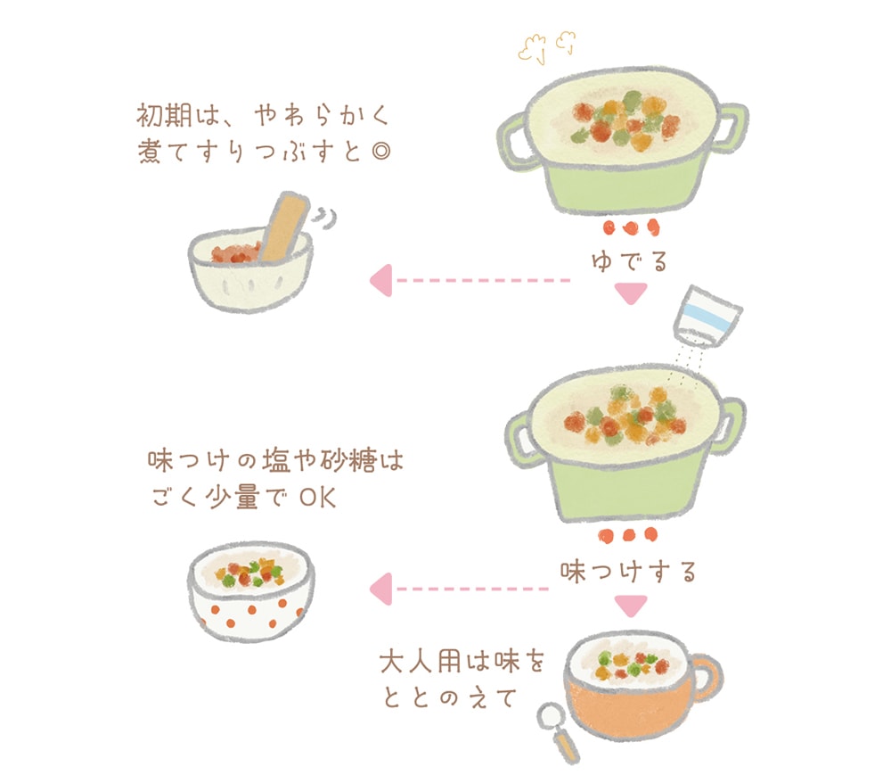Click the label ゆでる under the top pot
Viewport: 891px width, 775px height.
click(629, 261)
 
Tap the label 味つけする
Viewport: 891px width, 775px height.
click(628, 572)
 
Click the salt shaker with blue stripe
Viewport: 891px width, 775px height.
click(707, 317)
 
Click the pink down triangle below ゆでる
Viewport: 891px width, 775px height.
click(631, 293)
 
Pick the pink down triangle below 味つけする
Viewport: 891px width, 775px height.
click(631, 606)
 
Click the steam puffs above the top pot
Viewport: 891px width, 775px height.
click(547, 46)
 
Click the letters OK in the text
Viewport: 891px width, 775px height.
click(318, 499)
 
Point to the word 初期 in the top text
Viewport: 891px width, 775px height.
click(164, 115)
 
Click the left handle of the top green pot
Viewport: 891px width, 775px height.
click(513, 142)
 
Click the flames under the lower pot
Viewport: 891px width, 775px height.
click(628, 535)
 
